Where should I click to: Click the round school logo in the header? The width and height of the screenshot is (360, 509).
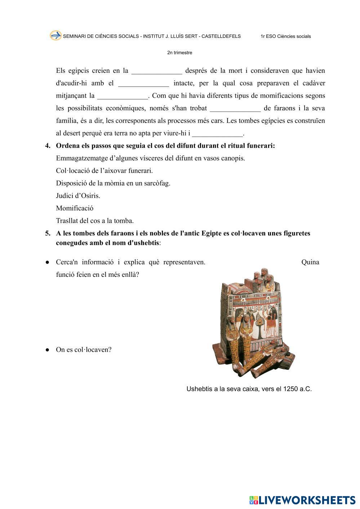55,35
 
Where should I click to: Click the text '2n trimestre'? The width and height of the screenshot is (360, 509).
179,53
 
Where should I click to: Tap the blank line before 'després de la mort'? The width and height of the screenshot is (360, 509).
157,71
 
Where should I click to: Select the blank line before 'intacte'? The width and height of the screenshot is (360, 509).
143,84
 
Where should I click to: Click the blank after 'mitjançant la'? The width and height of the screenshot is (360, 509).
123,96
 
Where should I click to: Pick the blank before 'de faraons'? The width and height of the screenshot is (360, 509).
235,109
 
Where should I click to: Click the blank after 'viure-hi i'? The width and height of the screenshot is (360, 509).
218,134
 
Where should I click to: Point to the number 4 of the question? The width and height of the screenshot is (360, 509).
48,146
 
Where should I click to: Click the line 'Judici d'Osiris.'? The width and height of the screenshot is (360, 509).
78,196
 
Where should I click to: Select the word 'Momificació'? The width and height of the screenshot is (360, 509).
75,208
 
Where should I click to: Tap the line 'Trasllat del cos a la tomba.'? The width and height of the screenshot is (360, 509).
95,221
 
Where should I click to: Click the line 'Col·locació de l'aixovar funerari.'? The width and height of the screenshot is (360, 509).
104,171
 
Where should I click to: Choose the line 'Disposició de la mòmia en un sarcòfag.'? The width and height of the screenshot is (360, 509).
113,183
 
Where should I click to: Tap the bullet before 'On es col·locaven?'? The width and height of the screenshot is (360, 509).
47,350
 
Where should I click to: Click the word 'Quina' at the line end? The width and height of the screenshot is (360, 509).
310,262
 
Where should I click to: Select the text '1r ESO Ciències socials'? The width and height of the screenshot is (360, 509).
285,36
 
